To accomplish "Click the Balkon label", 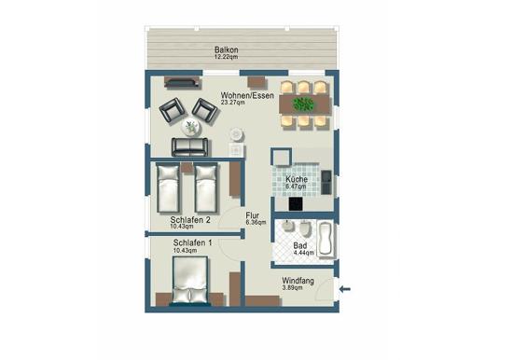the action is point(226,50).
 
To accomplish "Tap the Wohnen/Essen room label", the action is point(247,95).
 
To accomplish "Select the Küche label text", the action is point(297,179).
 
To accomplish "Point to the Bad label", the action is point(299,245).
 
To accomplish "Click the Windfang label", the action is point(298,281).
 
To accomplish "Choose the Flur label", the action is point(253,215).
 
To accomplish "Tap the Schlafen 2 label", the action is point(190,220).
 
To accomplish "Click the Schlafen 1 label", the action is point(192,242).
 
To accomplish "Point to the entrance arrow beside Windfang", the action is point(345,289).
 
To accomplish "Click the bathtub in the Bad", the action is point(326,238).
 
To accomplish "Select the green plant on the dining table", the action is point(303,104).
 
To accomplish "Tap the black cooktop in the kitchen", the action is point(296,203).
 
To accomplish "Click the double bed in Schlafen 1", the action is point(190,280).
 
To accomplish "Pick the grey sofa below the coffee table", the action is point(189,146).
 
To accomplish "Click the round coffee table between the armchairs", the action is point(191,127).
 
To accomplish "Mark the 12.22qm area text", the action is point(226,57).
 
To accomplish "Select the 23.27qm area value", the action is point(232,103).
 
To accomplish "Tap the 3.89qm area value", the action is point(292,287).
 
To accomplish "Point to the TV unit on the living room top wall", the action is point(182,82).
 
